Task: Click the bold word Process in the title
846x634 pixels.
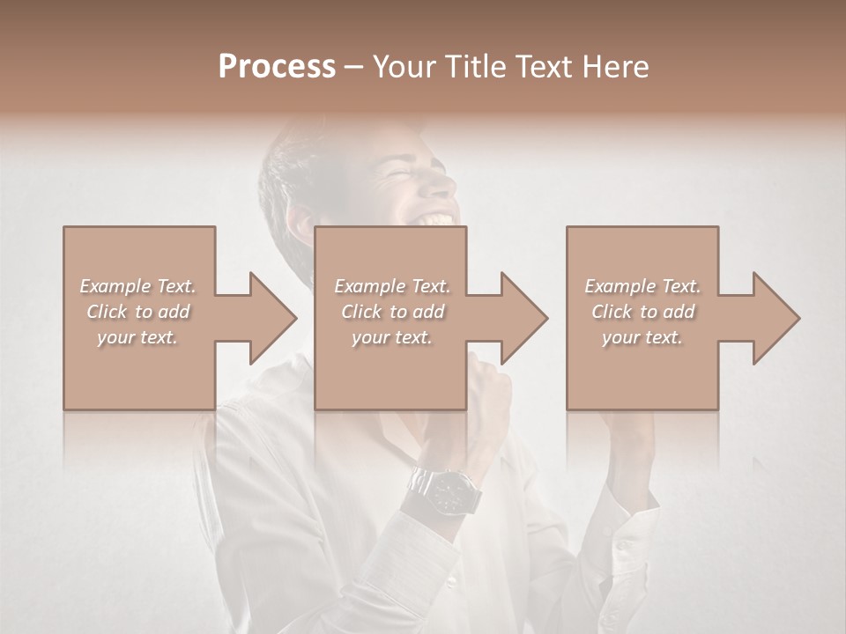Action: [277, 66]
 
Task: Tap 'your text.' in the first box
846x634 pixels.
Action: [138, 337]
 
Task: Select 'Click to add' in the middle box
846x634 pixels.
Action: [392, 312]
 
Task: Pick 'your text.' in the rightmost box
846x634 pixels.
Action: [642, 337]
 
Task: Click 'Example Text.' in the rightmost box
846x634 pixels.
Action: [642, 286]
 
